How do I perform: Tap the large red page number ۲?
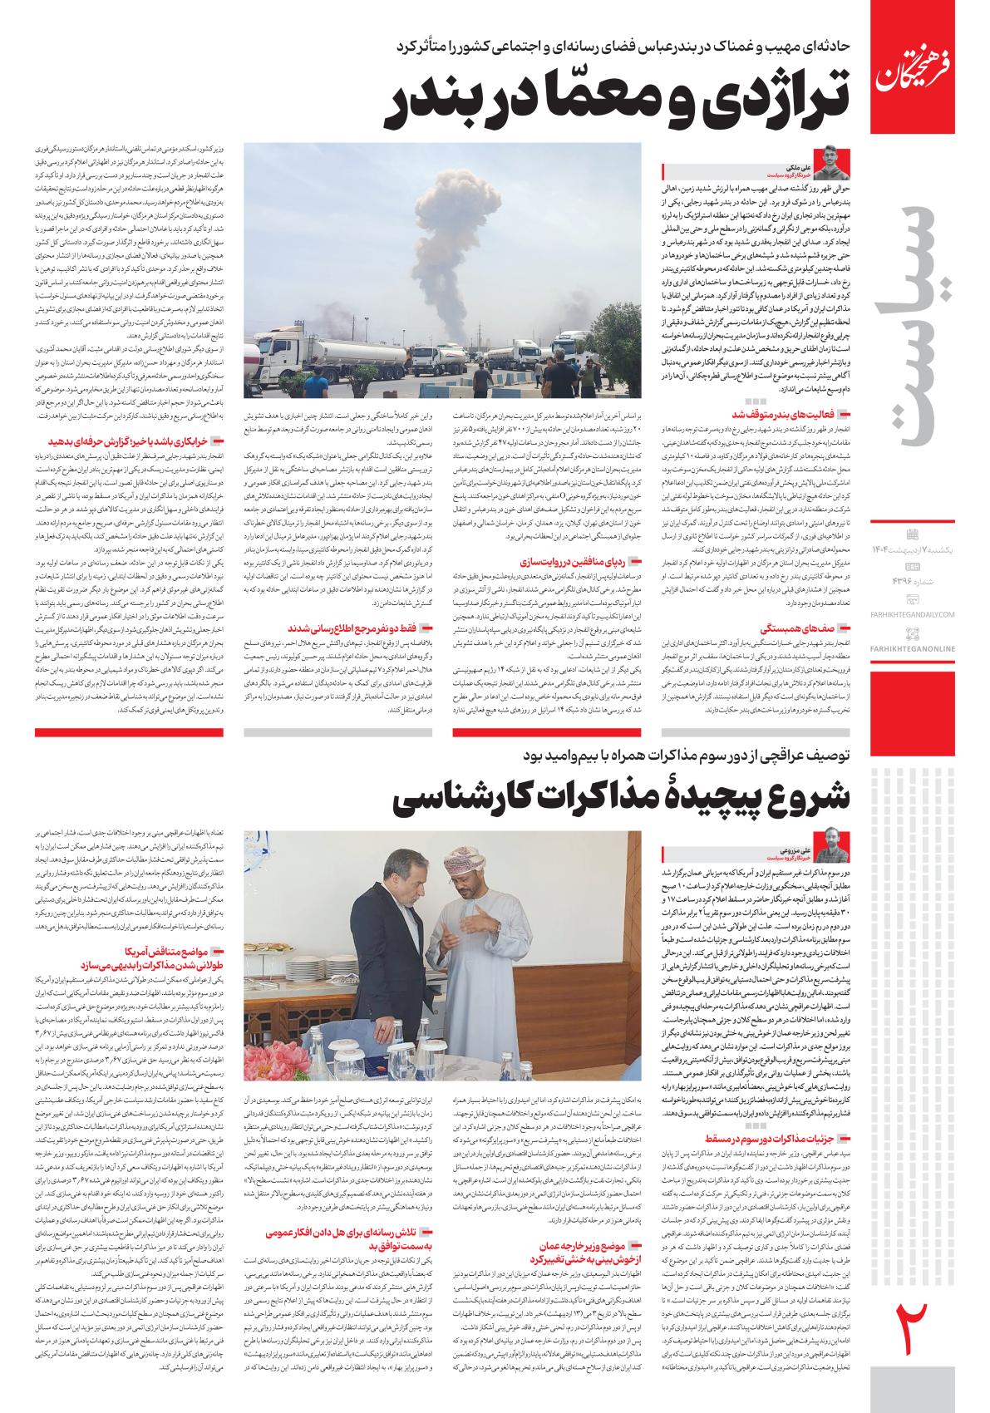(914, 1329)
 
